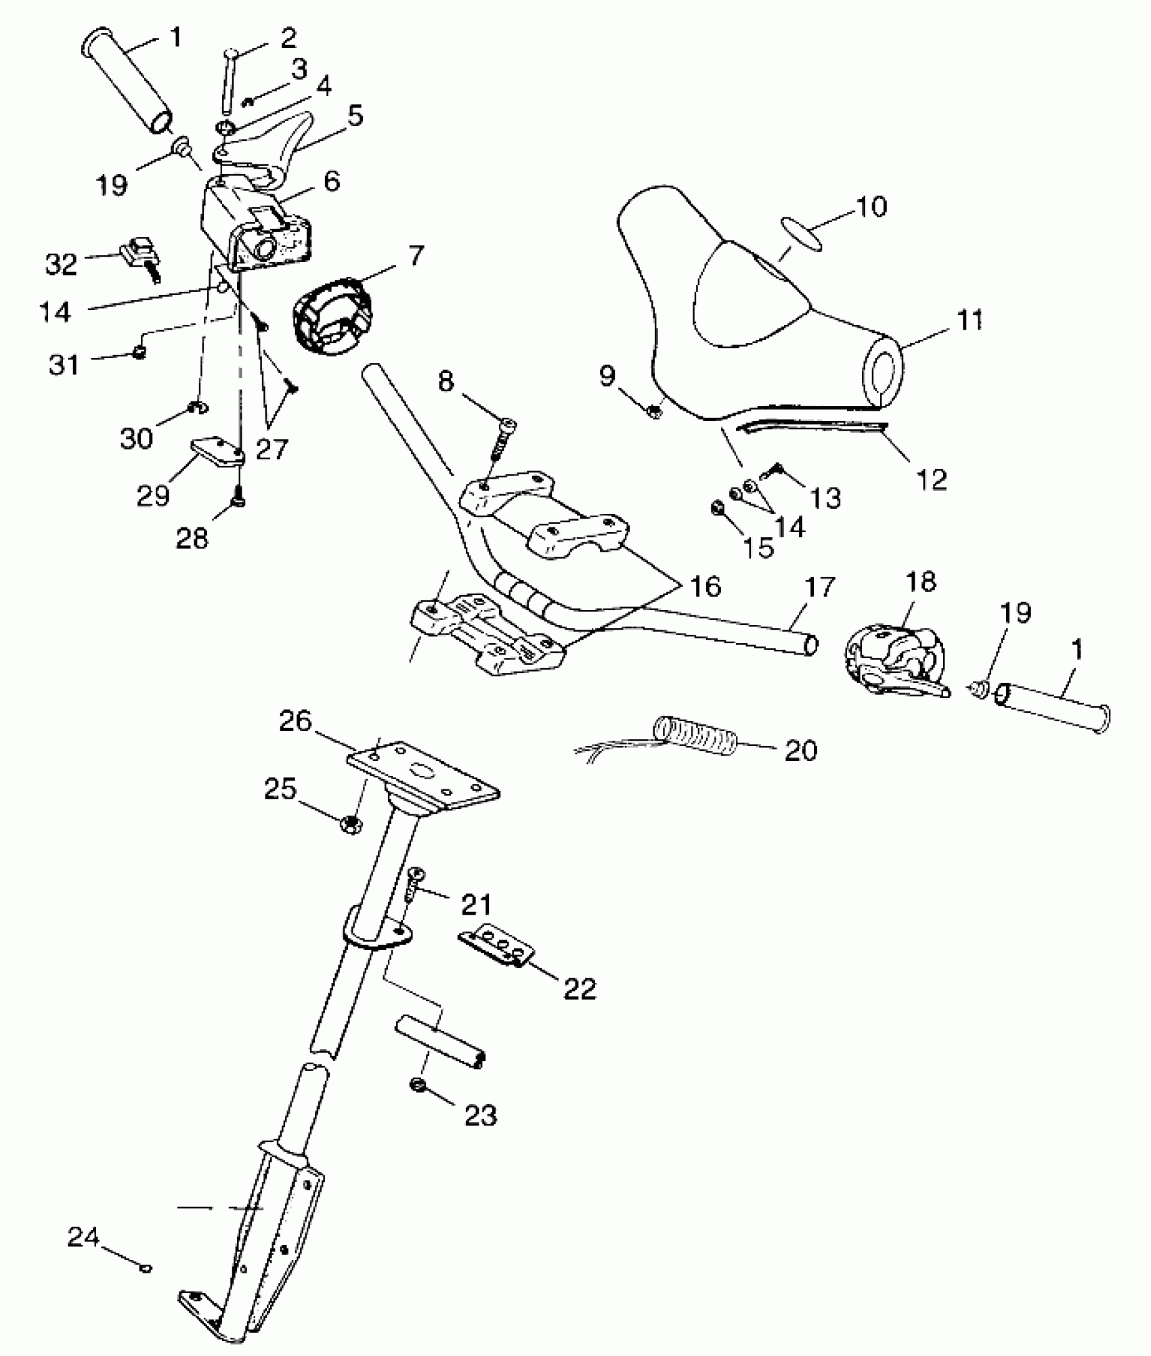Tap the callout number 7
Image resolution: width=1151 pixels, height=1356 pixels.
(416, 256)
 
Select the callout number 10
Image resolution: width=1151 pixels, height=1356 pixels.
(871, 206)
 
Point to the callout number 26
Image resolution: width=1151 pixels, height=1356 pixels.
(296, 722)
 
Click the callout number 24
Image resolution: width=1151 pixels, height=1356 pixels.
(83, 1237)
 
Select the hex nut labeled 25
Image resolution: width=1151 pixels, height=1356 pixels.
(350, 824)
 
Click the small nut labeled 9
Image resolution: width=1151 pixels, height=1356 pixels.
(655, 410)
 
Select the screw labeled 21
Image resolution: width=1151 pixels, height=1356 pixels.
(414, 885)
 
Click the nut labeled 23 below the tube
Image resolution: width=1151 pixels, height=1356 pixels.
(418, 1085)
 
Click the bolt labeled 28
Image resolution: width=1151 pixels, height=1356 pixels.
(239, 498)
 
